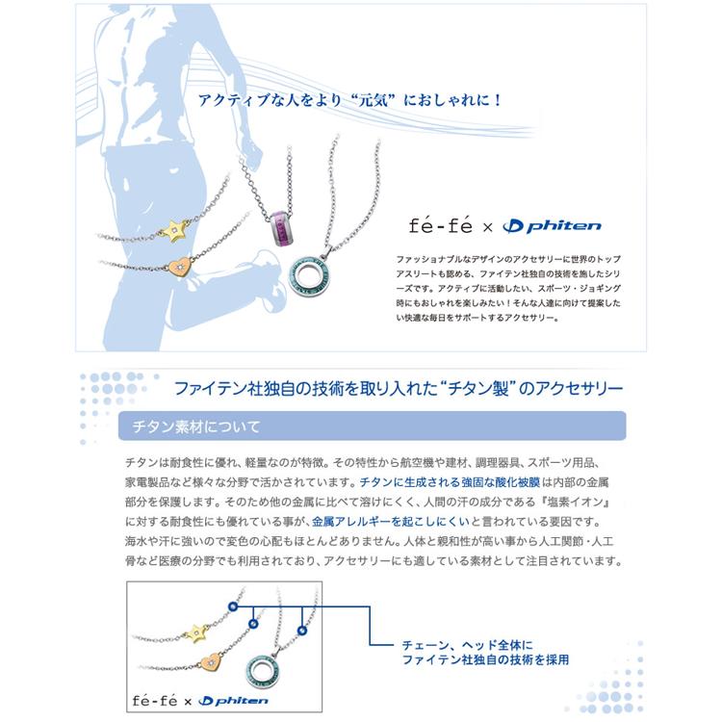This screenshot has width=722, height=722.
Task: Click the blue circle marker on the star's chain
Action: pyautogui.click(x=232, y=607)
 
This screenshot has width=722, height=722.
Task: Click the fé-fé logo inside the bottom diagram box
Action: pyautogui.click(x=152, y=702)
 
